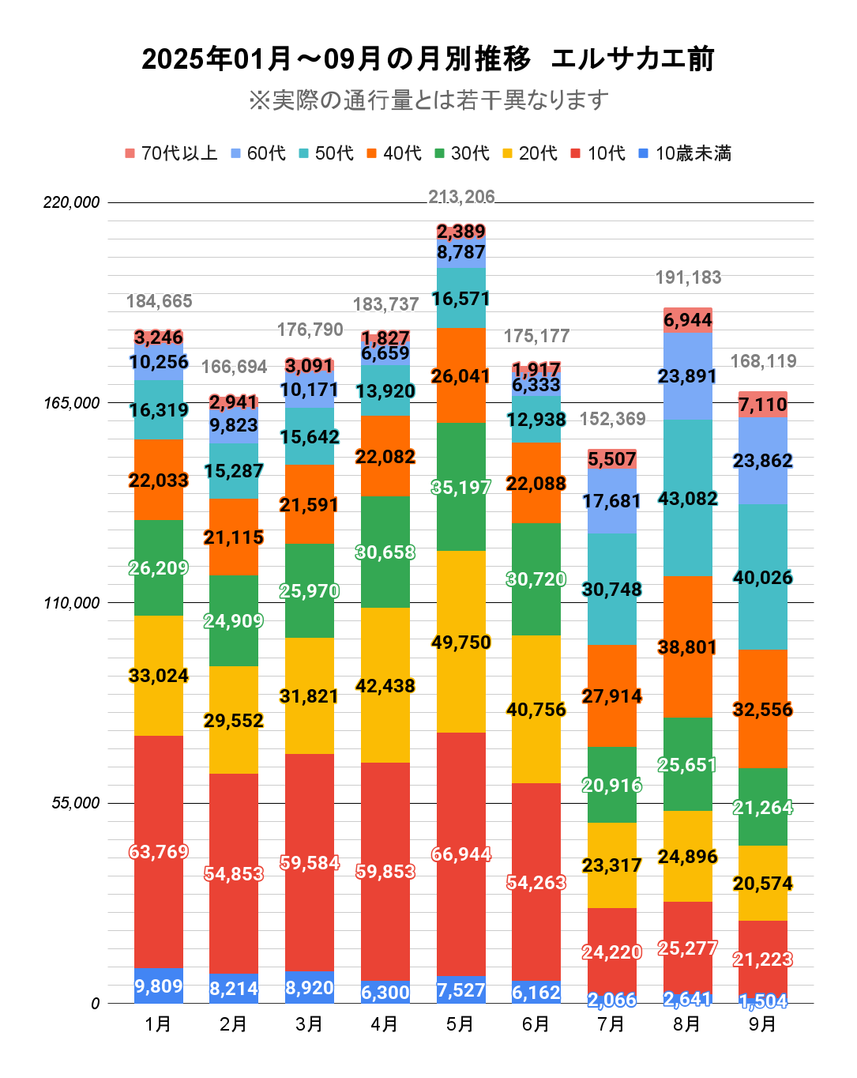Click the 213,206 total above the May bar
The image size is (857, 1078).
pos(461,197)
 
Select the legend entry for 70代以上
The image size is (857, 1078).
pos(171,153)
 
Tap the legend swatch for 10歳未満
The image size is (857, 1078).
pos(643,153)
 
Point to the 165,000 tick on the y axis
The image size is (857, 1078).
pos(72,403)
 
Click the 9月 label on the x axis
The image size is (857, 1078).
pos(762,1024)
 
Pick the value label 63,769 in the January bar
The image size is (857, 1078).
pos(159,852)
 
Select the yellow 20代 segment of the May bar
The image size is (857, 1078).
pos(461,642)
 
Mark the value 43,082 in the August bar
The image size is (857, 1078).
pos(687,499)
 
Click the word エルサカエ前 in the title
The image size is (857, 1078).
pos(632,59)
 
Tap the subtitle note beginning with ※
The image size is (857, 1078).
pos(428,100)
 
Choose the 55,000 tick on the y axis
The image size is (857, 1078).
pos(76,803)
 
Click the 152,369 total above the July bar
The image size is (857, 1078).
pos(612,419)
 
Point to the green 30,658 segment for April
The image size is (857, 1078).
pos(385,552)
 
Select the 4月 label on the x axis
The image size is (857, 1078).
pos(385,1024)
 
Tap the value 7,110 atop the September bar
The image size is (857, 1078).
pos(762,405)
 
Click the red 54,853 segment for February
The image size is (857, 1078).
pos(234,873)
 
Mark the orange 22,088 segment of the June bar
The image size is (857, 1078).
pos(536,483)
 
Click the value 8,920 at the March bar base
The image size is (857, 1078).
pos(310,988)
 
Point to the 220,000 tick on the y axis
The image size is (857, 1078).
pos(72,202)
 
